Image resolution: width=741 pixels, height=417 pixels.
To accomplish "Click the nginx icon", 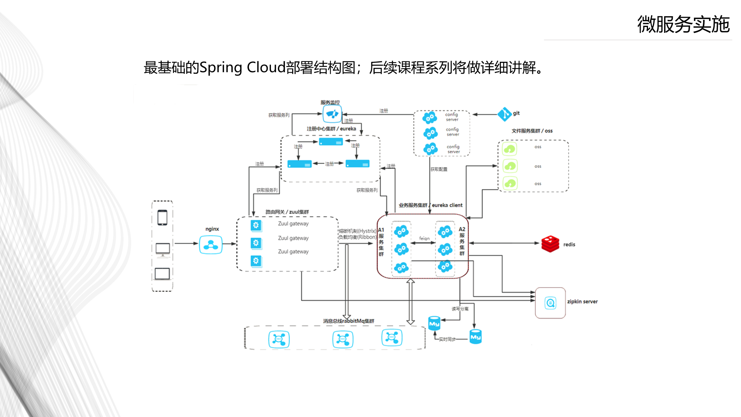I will coord(211,245).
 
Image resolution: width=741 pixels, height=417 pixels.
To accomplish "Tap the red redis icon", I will coord(550,244).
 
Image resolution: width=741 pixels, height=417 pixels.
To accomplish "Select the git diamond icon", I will coord(504,114).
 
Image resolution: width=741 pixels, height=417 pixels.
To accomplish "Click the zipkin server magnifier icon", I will coord(550,303).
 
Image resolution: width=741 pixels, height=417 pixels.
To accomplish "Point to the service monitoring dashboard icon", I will coord(332,114).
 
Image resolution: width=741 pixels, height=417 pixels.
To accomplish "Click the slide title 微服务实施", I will coord(683,25).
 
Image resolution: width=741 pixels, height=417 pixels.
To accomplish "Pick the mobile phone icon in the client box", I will coord(162,218).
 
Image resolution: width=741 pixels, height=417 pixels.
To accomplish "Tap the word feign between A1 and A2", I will coord(424,239).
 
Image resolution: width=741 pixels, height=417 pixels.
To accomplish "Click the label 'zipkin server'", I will coord(582,302).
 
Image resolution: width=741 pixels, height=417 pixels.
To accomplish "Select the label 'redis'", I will coord(569,244).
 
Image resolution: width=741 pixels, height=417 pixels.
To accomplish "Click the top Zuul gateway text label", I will coord(293,224).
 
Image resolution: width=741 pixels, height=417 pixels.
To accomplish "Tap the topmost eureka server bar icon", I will coord(331,142).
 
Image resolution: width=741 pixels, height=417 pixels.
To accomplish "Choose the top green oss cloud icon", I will coord(510,149).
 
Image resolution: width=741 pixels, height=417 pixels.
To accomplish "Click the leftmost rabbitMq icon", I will coord(279,339).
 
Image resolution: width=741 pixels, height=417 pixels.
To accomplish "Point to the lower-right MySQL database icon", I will coord(475,337).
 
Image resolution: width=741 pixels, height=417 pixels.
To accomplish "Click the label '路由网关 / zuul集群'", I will coord(287,212).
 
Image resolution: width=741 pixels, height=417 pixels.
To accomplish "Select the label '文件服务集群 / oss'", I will coord(532,131).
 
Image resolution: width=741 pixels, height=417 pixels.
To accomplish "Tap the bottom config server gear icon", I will coord(430,149).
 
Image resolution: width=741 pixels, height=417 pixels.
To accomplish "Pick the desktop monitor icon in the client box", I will coord(162,249).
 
